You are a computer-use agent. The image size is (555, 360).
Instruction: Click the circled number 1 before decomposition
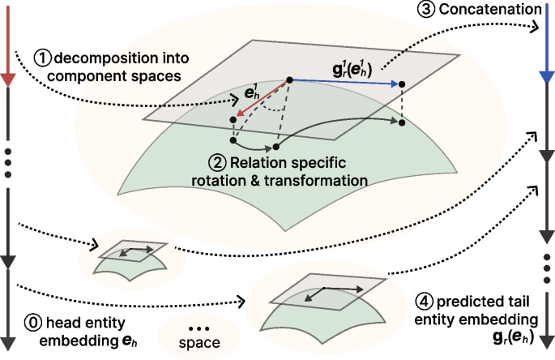pos(41,58)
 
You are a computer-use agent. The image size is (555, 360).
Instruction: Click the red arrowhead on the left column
pos(6,79)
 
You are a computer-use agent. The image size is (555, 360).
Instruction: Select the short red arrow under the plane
pos(261,101)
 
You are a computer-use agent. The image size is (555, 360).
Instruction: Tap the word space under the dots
pos(199,345)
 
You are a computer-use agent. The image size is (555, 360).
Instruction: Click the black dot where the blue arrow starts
pos(289,79)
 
